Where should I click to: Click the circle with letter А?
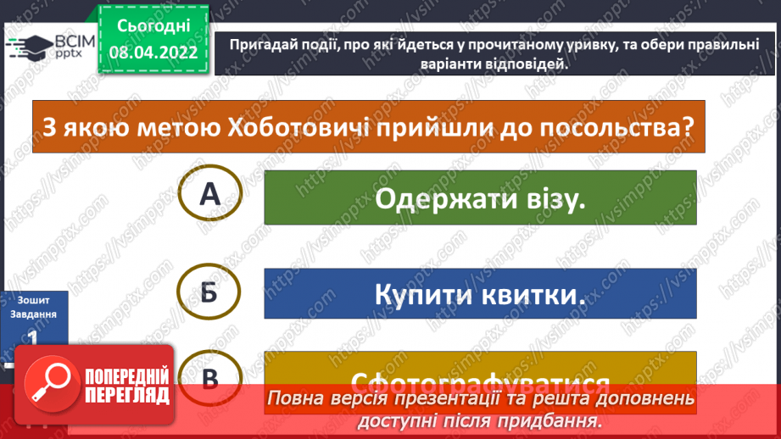tap(209, 197)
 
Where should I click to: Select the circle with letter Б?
tap(209, 293)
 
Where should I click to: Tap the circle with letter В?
tap(209, 378)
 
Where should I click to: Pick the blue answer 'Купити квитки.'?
tap(480, 295)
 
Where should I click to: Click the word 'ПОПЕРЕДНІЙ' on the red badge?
tap(127, 374)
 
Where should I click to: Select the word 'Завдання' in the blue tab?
tap(32, 314)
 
